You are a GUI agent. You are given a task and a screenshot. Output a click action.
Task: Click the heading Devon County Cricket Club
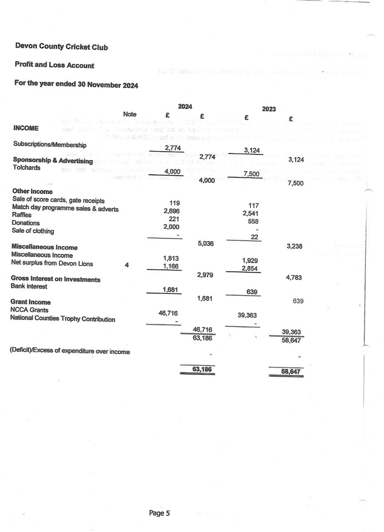61,47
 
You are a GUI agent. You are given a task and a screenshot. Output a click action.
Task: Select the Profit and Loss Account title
54,65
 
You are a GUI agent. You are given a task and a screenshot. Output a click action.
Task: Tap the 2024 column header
185,106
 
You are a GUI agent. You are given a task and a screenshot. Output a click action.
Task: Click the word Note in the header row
130,114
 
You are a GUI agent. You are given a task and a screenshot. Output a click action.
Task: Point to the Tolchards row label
27,168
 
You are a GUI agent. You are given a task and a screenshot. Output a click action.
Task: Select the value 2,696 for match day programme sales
172,211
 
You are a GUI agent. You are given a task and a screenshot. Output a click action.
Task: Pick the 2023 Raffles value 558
253,221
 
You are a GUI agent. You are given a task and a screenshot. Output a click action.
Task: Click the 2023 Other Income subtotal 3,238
295,246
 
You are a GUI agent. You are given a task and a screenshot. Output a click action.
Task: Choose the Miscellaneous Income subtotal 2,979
205,275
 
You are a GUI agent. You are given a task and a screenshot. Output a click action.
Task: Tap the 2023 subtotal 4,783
295,278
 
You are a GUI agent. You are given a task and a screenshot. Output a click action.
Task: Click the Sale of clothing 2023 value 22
254,237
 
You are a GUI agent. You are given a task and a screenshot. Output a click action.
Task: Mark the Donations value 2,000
171,227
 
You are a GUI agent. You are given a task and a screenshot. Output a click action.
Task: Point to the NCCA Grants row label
29,310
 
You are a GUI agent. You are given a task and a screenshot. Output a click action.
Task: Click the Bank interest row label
29,286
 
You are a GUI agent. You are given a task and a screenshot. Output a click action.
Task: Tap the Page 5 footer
159,513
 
